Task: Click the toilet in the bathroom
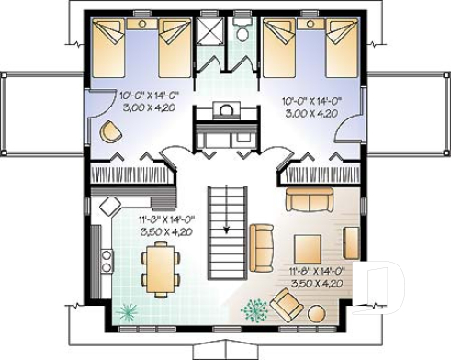pyautogui.click(x=243, y=33)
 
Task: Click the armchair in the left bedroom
pyautogui.click(x=111, y=131)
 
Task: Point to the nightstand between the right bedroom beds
pyautogui.click(x=309, y=31)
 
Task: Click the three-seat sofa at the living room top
pyautogui.click(x=310, y=198)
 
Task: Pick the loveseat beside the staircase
pyautogui.click(x=262, y=247)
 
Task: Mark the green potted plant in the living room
pyautogui.click(x=254, y=310)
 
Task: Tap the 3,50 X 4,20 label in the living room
pyautogui.click(x=318, y=284)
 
